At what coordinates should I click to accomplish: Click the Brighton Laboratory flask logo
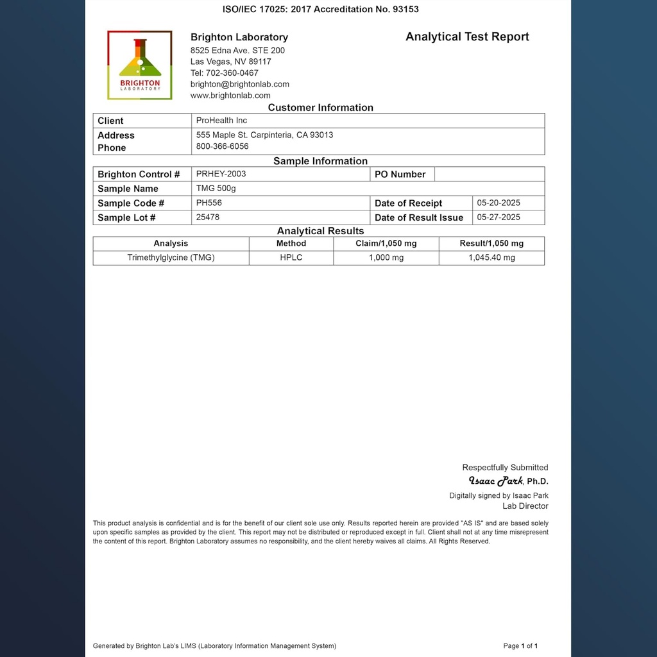click(x=140, y=65)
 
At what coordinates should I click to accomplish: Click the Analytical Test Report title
click(x=467, y=37)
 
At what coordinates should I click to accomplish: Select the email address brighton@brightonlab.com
click(x=240, y=84)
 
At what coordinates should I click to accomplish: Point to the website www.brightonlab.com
click(x=230, y=96)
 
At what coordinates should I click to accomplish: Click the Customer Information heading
click(x=320, y=108)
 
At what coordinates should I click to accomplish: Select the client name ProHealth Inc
click(x=221, y=121)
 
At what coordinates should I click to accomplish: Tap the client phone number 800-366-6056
click(x=222, y=146)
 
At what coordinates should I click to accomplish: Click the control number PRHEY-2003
click(x=221, y=174)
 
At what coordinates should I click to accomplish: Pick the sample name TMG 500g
click(x=216, y=189)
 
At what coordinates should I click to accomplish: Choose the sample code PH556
click(x=209, y=203)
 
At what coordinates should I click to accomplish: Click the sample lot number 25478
click(x=208, y=218)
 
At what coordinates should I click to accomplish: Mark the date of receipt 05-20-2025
click(x=499, y=203)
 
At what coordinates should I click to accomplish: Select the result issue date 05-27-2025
click(x=499, y=218)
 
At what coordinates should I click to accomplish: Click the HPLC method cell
click(x=291, y=257)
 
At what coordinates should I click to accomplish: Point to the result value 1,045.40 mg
click(x=491, y=257)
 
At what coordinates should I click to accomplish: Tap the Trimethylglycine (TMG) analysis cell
click(x=171, y=257)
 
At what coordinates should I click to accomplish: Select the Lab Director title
click(x=525, y=506)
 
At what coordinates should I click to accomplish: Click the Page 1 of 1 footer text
click(x=520, y=646)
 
